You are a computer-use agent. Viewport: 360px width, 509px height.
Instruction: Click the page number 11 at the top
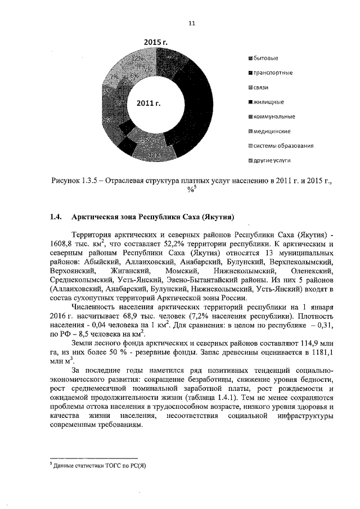(191, 23)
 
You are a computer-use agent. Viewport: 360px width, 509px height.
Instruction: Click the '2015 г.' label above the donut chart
(155, 43)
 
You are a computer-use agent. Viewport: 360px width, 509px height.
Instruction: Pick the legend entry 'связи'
(263, 88)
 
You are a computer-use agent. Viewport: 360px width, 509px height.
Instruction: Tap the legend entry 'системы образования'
(283, 146)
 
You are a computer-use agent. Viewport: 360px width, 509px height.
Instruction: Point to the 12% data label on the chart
(137, 58)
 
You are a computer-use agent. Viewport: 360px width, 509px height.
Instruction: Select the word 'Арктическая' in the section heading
(94, 217)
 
